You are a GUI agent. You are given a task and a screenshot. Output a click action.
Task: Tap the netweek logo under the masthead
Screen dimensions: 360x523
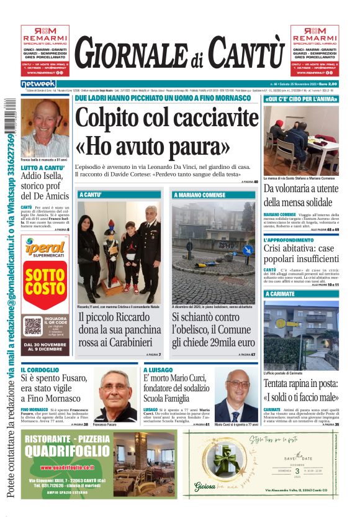pos(38,84)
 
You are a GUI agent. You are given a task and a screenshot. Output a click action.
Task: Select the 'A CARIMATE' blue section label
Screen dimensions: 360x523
pos(284,294)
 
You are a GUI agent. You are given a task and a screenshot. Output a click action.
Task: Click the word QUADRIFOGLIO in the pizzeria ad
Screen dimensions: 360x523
pos(68,452)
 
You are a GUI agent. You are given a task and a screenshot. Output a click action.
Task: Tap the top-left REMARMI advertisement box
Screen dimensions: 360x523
pos(45,50)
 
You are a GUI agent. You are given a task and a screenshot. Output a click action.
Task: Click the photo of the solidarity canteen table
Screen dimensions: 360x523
pos(301,140)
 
